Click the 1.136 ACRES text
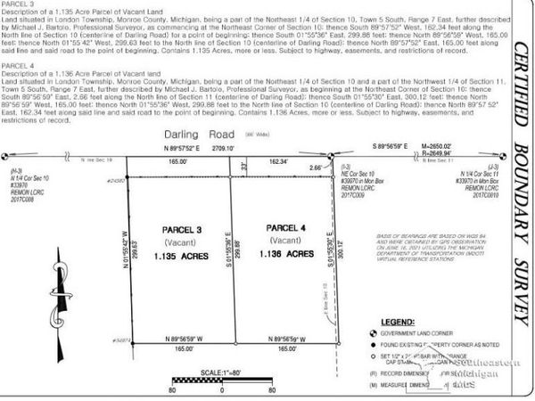(288, 254)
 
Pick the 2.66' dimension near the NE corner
(317, 167)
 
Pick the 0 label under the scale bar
(220, 389)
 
